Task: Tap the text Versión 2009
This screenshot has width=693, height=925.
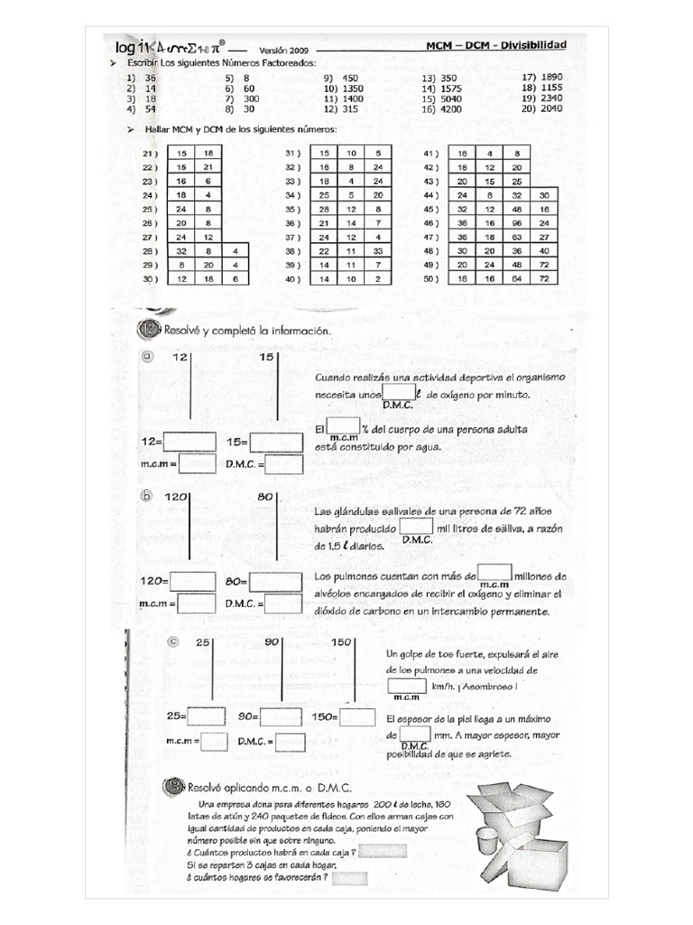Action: coord(283,51)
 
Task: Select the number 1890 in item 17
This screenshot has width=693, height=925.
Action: coord(549,77)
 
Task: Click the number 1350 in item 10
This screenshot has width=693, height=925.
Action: coord(353,89)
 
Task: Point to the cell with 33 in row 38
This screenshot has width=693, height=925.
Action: coord(378,250)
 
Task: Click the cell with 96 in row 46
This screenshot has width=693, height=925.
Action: coord(516,222)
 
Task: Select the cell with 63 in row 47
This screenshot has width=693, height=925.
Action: coord(516,237)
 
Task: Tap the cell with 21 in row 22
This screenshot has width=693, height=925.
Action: coord(208,167)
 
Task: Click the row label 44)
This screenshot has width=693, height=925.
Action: coord(430,195)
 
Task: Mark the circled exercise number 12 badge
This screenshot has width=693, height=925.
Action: coord(149,330)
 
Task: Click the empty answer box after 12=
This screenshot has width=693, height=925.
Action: coord(189,443)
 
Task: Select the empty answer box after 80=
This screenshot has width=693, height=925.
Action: coord(276,582)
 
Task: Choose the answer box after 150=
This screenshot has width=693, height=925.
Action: coord(357,716)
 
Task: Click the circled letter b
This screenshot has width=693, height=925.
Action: coord(147,496)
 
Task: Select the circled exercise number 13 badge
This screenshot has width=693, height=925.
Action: coord(172,787)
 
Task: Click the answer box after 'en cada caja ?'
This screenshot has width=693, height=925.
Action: coord(382,851)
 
